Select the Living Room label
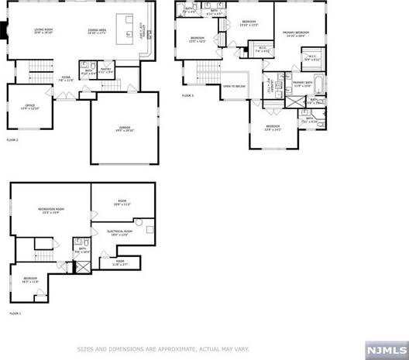[43, 31]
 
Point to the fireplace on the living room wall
[5, 32]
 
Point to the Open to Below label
[234, 85]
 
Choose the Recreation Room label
[50, 210]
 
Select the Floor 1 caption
[15, 314]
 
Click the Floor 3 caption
[188, 95]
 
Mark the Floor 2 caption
[12, 140]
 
